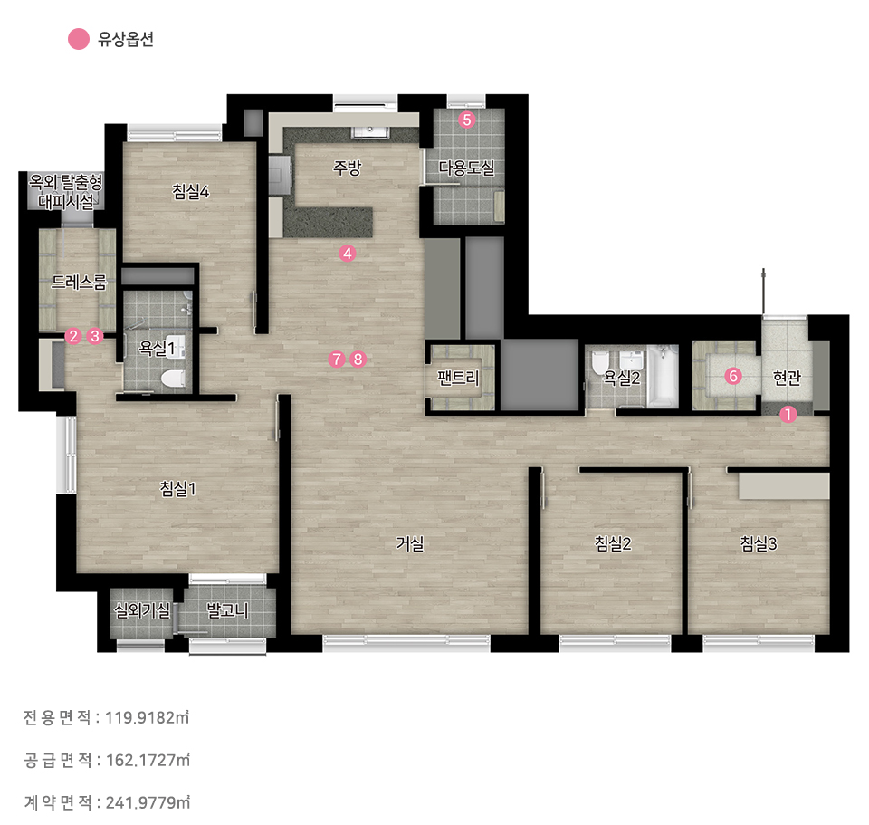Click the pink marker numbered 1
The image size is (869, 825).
tap(788, 414)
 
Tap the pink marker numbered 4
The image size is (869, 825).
tap(347, 254)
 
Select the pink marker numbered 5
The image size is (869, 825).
tap(467, 120)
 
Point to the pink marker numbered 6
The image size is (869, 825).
tap(732, 376)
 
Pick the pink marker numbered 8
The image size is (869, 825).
tap(358, 360)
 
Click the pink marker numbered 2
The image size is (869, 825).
tap(72, 336)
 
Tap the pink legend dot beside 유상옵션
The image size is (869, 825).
tap(79, 39)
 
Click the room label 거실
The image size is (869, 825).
tap(409, 543)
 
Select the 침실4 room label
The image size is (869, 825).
tap(190, 191)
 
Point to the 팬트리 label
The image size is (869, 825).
tap(458, 378)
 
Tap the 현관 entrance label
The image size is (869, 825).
tap(787, 378)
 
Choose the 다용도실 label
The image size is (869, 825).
tap(466, 167)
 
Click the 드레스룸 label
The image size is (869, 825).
tap(79, 282)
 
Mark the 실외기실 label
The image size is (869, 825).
tap(141, 609)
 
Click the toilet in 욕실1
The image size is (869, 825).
tap(172, 379)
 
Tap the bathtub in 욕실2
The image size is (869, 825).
tap(663, 375)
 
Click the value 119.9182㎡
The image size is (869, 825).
tap(148, 717)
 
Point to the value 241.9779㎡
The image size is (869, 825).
tap(148, 801)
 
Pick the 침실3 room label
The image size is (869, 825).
tap(759, 543)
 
